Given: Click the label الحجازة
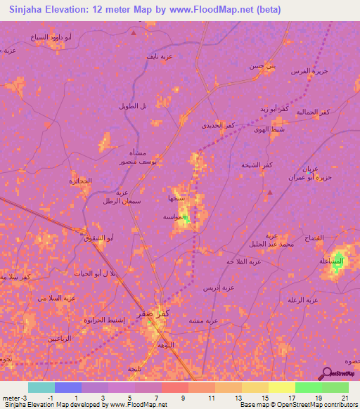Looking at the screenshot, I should pyautogui.click(x=81, y=181).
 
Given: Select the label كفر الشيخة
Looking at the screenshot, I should pyautogui.click(x=257, y=164).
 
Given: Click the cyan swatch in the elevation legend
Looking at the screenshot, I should pyautogui.click(x=41, y=387).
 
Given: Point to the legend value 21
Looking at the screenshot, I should pyautogui.click(x=345, y=398).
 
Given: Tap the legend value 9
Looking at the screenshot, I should pyautogui.click(x=184, y=398).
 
